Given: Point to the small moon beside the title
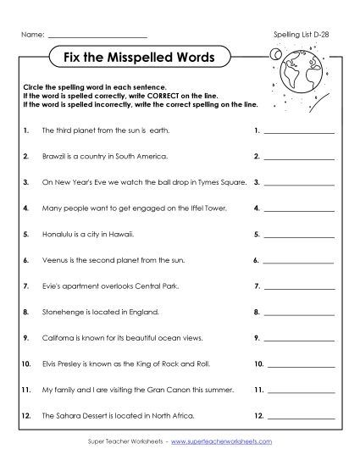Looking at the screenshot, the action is point(274,54).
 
